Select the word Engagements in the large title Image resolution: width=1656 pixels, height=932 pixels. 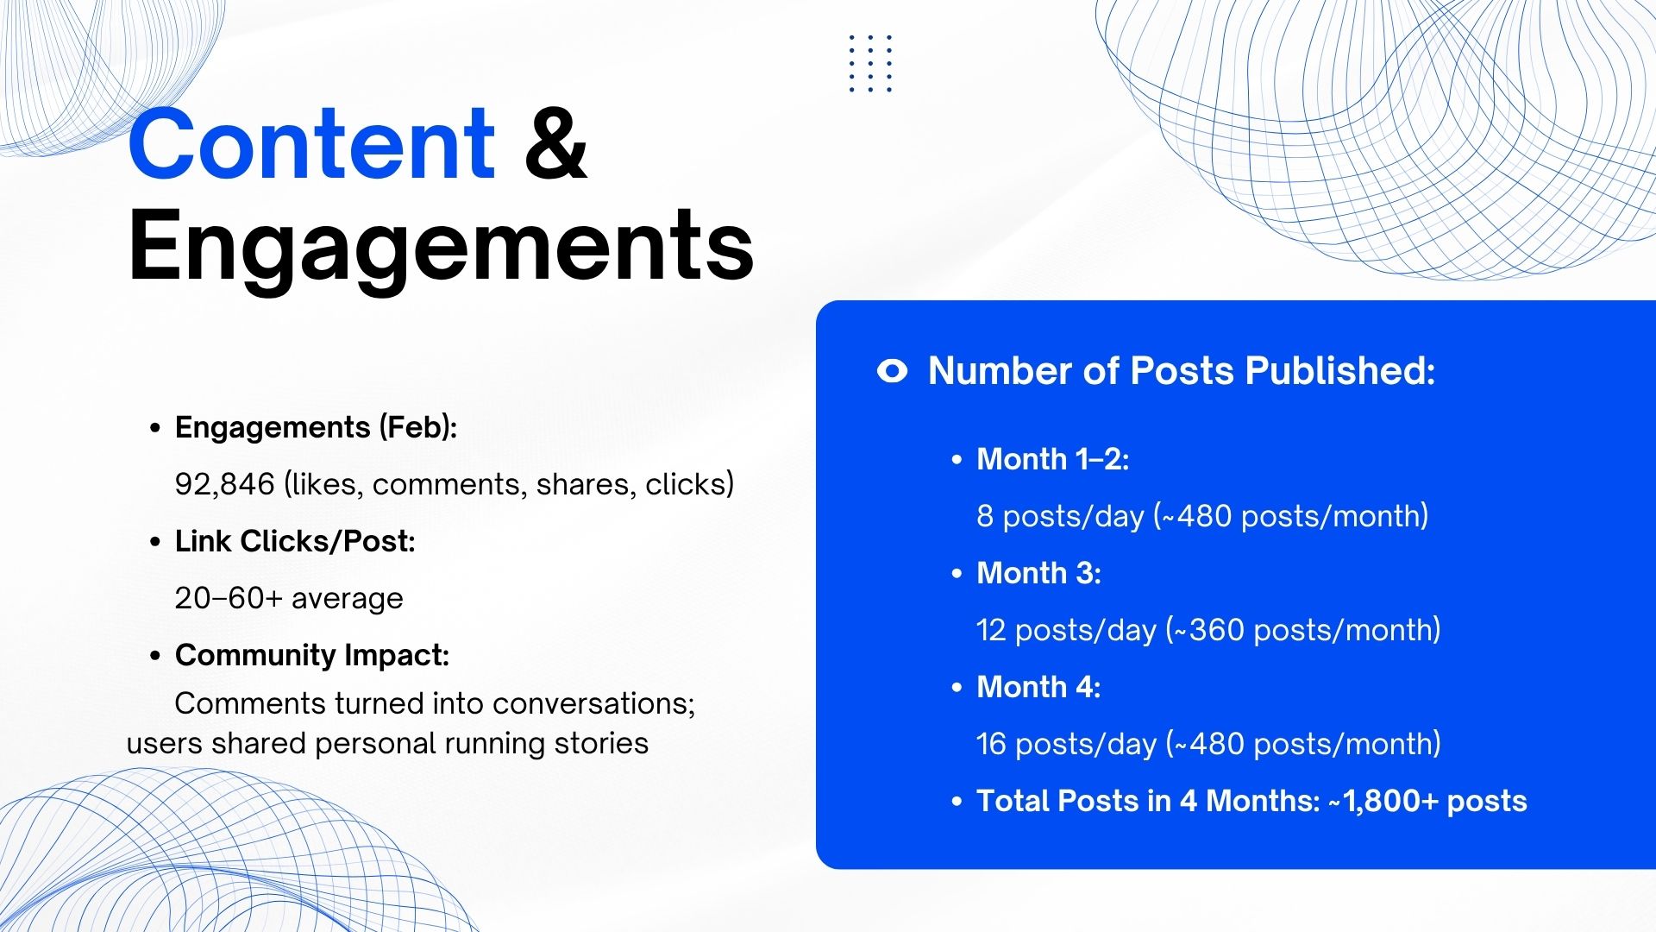[x=441, y=248]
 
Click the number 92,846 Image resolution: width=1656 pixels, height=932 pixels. [x=224, y=484]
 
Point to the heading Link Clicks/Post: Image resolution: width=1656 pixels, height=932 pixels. [x=295, y=541]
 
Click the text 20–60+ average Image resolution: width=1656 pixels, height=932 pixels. [x=289, y=598]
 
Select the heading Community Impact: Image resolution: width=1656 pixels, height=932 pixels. [x=312, y=655]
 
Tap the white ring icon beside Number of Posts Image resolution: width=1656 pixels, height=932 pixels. [x=893, y=371]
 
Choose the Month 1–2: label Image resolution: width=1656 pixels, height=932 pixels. [x=1052, y=459]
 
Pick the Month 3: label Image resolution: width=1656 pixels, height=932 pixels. [x=1038, y=573]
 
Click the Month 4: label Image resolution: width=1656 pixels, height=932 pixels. [x=1038, y=687]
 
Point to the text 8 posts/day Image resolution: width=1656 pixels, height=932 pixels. [x=1060, y=516]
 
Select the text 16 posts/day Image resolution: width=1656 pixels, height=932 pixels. [x=1066, y=744]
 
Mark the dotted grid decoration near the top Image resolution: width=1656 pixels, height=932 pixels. [x=870, y=63]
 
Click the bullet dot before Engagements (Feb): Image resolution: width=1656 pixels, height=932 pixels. [x=155, y=428]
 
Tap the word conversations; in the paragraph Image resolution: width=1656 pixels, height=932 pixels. [x=593, y=703]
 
